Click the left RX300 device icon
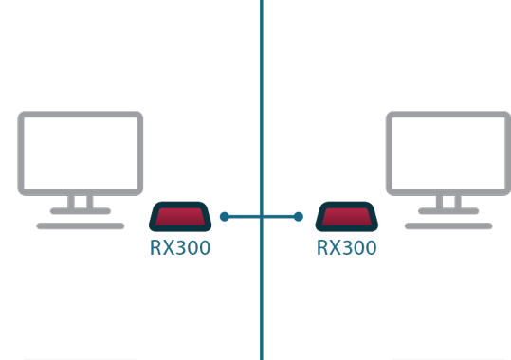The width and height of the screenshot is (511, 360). click(180, 217)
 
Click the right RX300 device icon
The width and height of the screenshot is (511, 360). click(347, 217)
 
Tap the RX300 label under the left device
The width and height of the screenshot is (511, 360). click(180, 247)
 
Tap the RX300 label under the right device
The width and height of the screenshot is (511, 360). click(347, 247)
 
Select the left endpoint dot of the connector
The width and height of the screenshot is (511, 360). click(225, 217)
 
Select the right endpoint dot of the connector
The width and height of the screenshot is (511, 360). click(299, 217)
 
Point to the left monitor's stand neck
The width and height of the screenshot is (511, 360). click(81, 202)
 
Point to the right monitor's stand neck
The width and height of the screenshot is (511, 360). click(448, 202)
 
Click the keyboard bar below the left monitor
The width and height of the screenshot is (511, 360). click(81, 226)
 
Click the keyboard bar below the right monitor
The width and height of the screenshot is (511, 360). click(448, 226)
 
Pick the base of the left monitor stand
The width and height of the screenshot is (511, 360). click(81, 211)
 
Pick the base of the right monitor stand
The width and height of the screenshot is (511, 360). click(448, 211)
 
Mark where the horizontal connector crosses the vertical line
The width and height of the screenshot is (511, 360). click(262, 217)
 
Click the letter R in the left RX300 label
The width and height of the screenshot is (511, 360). click(155, 247)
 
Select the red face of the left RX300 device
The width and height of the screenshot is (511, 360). click(180, 217)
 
